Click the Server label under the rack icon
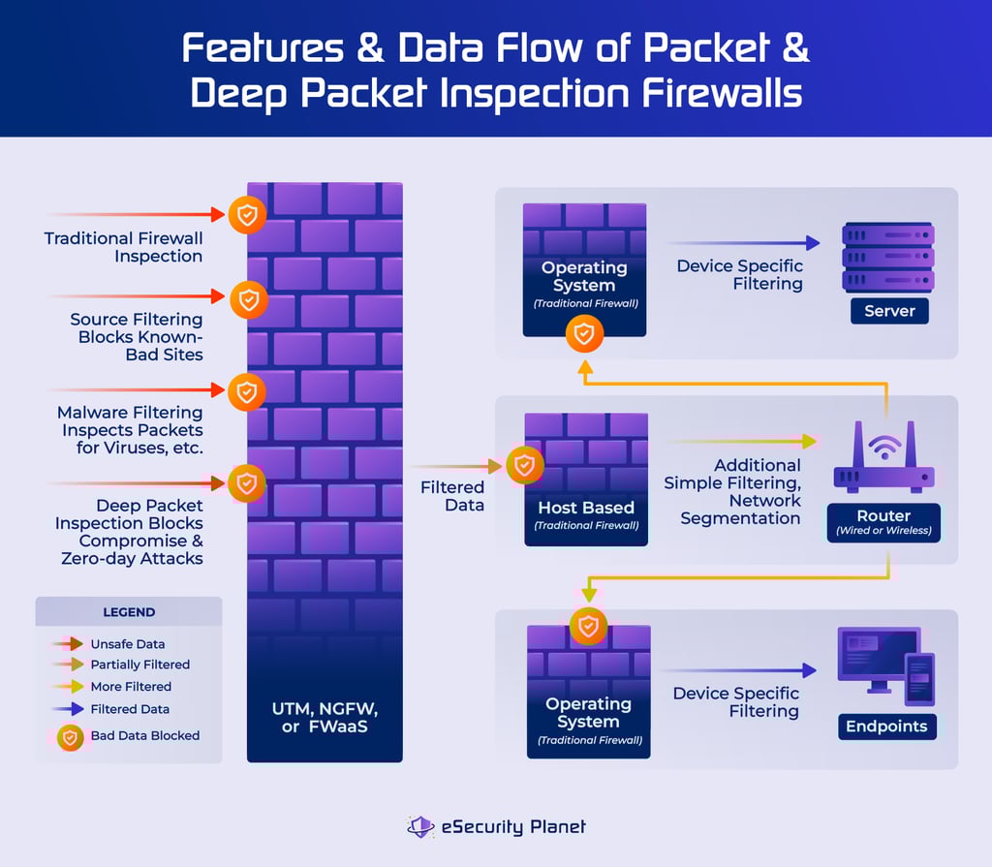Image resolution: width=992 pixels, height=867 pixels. pyautogui.click(x=888, y=311)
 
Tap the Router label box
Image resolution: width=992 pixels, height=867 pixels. pyautogui.click(x=883, y=522)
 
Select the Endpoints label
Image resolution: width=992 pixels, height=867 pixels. pyautogui.click(x=886, y=727)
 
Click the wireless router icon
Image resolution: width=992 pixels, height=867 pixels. pyautogui.click(x=883, y=461)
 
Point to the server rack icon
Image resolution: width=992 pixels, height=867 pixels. pyautogui.click(x=887, y=257)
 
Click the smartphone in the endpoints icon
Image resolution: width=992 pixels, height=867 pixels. pyautogui.click(x=918, y=678)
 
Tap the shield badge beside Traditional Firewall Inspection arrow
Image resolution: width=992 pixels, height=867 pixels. pyautogui.click(x=247, y=214)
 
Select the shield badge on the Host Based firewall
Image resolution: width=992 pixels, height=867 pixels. pyautogui.click(x=524, y=466)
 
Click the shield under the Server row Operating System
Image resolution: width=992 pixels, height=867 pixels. pyautogui.click(x=584, y=334)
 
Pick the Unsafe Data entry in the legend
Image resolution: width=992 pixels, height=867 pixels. pyautogui.click(x=127, y=643)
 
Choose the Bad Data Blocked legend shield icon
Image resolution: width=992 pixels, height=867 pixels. pyautogui.click(x=69, y=736)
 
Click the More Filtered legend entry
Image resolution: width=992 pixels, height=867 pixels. pyautogui.click(x=131, y=686)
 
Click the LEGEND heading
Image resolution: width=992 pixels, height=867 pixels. pyautogui.click(x=129, y=612)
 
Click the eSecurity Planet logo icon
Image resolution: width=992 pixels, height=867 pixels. pyautogui.click(x=419, y=826)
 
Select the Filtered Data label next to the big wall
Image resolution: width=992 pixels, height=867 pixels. pyautogui.click(x=451, y=496)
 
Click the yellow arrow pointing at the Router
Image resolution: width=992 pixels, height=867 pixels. pyautogui.click(x=741, y=441)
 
